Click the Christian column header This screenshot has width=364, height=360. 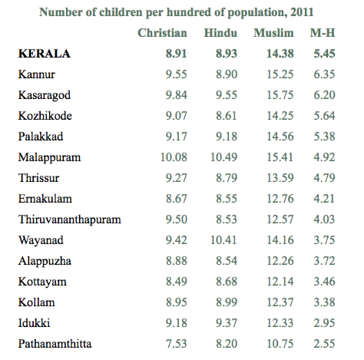point(163,34)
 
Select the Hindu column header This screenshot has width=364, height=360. point(221,34)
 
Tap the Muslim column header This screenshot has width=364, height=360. point(275,34)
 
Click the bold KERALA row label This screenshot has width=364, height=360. point(44,54)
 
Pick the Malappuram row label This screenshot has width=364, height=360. point(49,157)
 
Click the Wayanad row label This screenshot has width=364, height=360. point(41,240)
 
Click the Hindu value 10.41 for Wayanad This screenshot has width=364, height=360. point(223,240)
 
